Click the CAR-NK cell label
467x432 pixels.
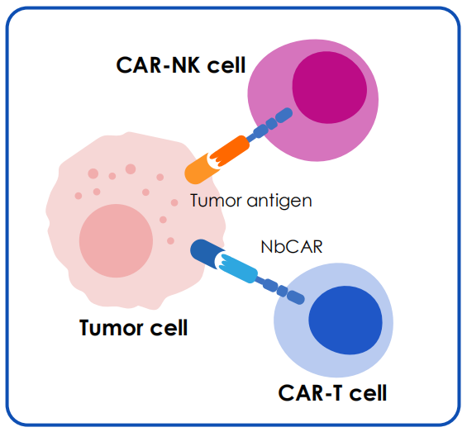[x=181, y=65]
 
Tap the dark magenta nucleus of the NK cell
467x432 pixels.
[x=330, y=88]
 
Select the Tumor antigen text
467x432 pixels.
[x=251, y=201]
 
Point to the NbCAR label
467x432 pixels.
[x=292, y=247]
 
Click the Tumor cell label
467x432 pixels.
[x=133, y=327]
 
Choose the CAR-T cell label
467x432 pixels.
[x=332, y=392]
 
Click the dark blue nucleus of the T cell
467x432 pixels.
[x=345, y=320]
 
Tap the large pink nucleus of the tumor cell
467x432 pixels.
[x=116, y=241]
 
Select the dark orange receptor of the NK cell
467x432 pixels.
[x=231, y=151]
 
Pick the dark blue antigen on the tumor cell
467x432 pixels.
[x=207, y=253]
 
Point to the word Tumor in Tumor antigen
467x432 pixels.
[x=216, y=200]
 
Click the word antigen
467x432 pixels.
[x=279, y=202]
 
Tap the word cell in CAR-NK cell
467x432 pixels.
[x=226, y=65]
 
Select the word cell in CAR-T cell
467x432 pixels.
[x=368, y=392]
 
